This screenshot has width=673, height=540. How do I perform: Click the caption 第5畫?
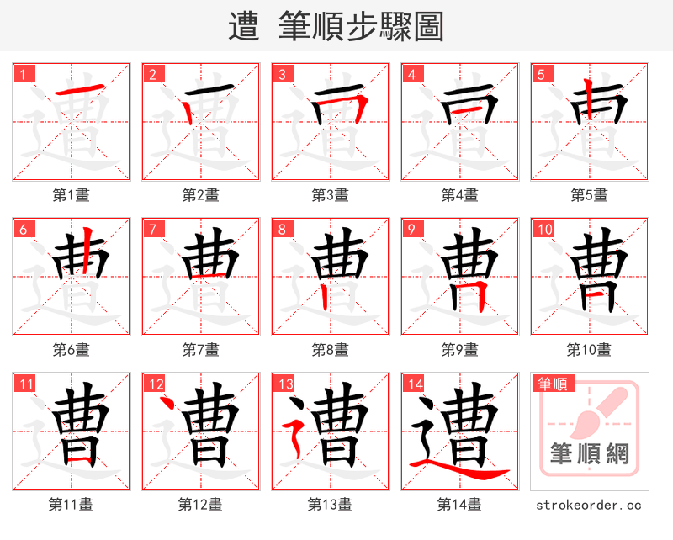589,195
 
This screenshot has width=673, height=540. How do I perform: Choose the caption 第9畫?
459,349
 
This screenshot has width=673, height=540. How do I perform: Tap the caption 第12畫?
200,505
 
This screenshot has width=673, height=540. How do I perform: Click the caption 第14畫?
459,505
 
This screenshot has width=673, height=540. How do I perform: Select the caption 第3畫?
330,195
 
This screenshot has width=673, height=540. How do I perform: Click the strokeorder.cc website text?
589,505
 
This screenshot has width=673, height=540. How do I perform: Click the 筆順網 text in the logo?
589,454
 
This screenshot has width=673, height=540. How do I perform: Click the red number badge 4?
412,74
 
